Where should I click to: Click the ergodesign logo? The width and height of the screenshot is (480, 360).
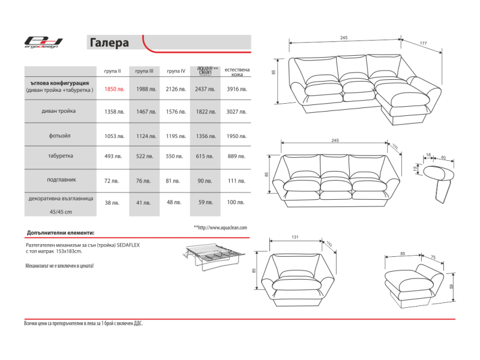[x=43, y=42]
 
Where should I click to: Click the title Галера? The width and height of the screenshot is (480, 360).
[x=109, y=43]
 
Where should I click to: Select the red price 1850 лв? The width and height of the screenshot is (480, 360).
[x=115, y=89]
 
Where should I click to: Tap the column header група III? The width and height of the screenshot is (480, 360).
[x=144, y=71]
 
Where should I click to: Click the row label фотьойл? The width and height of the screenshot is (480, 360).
[x=59, y=136]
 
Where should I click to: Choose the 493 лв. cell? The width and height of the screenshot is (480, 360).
[x=113, y=156]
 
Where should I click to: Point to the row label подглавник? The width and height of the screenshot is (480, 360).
[x=61, y=179]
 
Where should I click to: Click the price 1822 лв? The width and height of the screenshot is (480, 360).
[x=206, y=112]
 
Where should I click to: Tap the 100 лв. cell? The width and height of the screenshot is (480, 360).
[x=236, y=203]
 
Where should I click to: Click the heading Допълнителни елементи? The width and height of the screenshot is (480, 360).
[x=61, y=232]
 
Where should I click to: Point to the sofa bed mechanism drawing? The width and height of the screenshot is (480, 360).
[x=211, y=256]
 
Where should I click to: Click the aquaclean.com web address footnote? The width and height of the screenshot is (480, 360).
[x=220, y=228]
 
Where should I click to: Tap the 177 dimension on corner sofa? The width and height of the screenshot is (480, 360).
[x=422, y=43]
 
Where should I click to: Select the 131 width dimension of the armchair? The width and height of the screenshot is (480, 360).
[x=295, y=238]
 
